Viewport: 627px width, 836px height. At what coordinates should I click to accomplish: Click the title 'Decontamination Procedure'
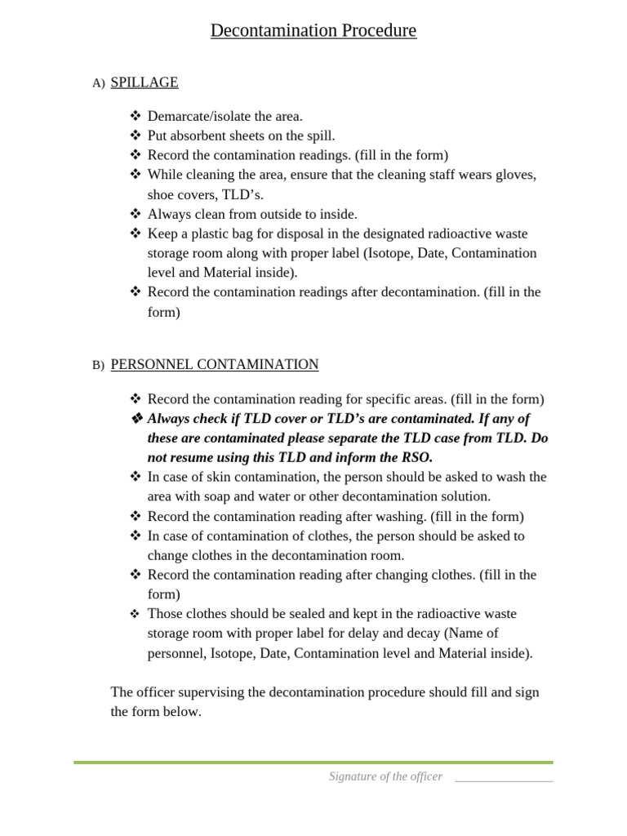click(313, 31)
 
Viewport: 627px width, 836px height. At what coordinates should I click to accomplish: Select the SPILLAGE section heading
click(144, 82)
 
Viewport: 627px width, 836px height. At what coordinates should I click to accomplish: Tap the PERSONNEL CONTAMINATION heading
click(214, 365)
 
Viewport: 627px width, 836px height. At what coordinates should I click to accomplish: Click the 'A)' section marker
click(99, 83)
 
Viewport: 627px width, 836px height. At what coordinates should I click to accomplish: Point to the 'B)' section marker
click(99, 366)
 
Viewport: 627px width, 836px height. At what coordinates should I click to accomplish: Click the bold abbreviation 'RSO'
click(416, 457)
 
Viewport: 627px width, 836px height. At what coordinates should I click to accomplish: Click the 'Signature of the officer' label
click(385, 776)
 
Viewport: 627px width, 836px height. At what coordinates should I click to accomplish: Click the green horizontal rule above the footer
click(313, 763)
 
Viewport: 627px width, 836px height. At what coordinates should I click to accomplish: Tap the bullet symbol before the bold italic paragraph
click(136, 419)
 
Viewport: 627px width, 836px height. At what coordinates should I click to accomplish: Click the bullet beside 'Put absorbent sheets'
click(136, 136)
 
